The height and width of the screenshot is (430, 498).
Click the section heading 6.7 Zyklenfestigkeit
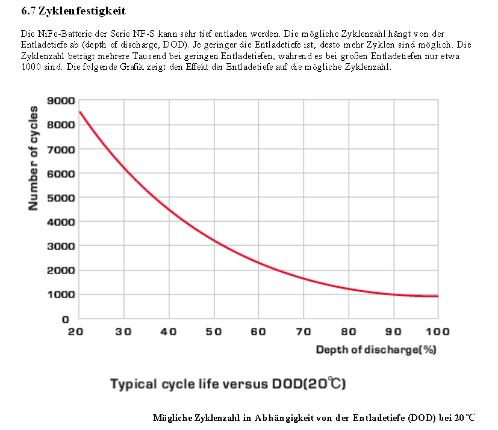tap(73, 11)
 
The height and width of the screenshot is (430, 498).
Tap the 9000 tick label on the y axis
tap(62, 101)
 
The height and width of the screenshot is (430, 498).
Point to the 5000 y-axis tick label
tap(62, 198)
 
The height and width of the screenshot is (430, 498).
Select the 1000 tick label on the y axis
tap(62, 294)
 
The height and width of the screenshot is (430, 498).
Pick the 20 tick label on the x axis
tap(75, 332)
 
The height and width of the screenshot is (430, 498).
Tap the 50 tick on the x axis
tap(213, 332)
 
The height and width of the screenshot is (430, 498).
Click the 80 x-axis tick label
tap(348, 332)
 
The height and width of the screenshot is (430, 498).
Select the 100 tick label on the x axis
tap(437, 332)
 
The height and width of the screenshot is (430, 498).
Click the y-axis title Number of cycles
tap(34, 158)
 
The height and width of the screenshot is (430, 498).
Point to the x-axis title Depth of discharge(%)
tap(376, 350)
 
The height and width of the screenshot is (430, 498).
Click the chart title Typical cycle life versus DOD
tap(228, 384)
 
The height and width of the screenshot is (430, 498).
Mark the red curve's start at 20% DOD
tap(79, 111)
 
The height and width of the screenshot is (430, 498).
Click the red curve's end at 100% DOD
tap(438, 296)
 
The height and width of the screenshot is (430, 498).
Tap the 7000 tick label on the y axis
tap(62, 149)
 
